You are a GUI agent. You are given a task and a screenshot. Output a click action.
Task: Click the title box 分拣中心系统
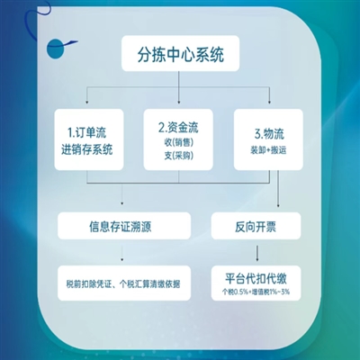(x=180, y=53)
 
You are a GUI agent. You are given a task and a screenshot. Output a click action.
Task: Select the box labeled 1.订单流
(x=89, y=139)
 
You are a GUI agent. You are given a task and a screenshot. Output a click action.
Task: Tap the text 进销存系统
(x=87, y=149)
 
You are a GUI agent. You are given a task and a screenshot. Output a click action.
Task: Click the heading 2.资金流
(x=178, y=127)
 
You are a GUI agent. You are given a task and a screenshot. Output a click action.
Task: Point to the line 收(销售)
(x=178, y=142)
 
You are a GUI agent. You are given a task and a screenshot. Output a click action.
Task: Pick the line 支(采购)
(x=178, y=156)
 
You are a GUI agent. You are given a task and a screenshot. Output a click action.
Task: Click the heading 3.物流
(x=269, y=134)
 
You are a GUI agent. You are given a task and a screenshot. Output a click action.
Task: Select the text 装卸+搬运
(x=268, y=150)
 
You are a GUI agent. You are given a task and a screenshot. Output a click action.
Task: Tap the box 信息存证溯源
(x=124, y=226)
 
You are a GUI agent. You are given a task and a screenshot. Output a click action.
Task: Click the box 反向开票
(x=256, y=226)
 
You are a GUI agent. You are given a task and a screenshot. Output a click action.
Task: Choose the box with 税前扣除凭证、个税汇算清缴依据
(x=124, y=283)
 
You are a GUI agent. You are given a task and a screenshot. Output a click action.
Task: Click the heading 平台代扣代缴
(x=256, y=278)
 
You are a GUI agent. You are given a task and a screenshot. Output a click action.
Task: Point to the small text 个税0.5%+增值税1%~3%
(x=256, y=292)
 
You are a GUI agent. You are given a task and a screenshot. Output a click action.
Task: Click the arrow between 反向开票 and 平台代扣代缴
(x=257, y=253)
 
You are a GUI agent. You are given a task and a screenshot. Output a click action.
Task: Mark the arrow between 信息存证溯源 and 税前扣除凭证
(x=121, y=253)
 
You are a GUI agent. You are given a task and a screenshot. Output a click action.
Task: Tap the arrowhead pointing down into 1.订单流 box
(x=87, y=103)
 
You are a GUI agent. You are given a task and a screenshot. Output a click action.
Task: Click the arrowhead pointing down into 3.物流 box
(x=269, y=103)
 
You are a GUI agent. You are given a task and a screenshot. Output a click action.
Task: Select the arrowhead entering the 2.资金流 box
(x=179, y=103)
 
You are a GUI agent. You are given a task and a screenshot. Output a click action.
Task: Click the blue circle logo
(x=56, y=49)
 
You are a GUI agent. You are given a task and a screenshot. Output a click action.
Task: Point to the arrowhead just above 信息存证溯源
(x=121, y=203)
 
